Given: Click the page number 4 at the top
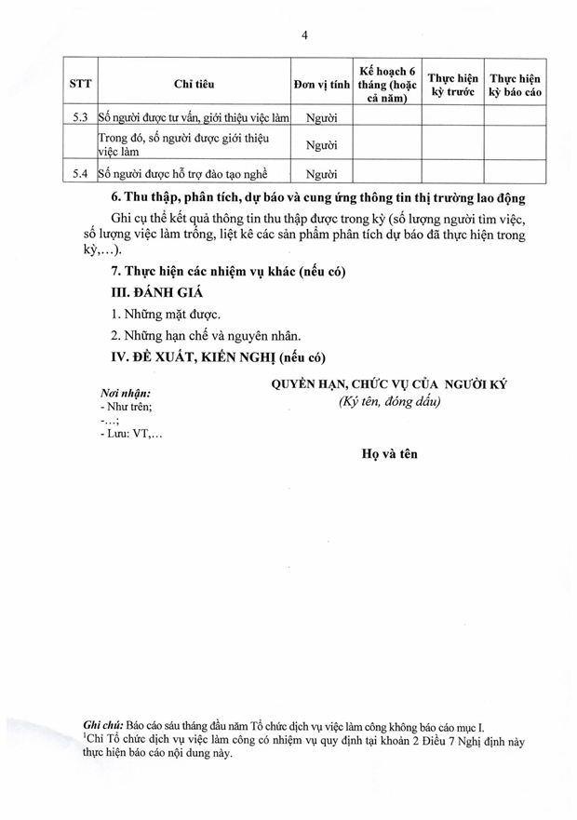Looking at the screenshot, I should point(304,35).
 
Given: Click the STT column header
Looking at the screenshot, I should point(81,84).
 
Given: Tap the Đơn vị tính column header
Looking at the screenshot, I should point(321,84).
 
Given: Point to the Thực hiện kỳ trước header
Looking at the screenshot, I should point(451,84).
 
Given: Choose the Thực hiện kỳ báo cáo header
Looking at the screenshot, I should point(515,84).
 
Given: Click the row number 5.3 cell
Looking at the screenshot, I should point(80,118).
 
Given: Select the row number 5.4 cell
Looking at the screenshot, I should point(80,173).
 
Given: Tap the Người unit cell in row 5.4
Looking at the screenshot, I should point(321,173).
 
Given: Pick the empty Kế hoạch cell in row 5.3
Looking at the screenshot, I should point(386,118).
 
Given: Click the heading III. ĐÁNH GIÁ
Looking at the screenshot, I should point(158,291).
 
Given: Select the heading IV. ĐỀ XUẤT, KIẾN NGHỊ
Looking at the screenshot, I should point(219,357).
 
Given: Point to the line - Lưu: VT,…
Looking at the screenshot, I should point(130,434).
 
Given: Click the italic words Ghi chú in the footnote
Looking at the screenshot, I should point(102,723).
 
